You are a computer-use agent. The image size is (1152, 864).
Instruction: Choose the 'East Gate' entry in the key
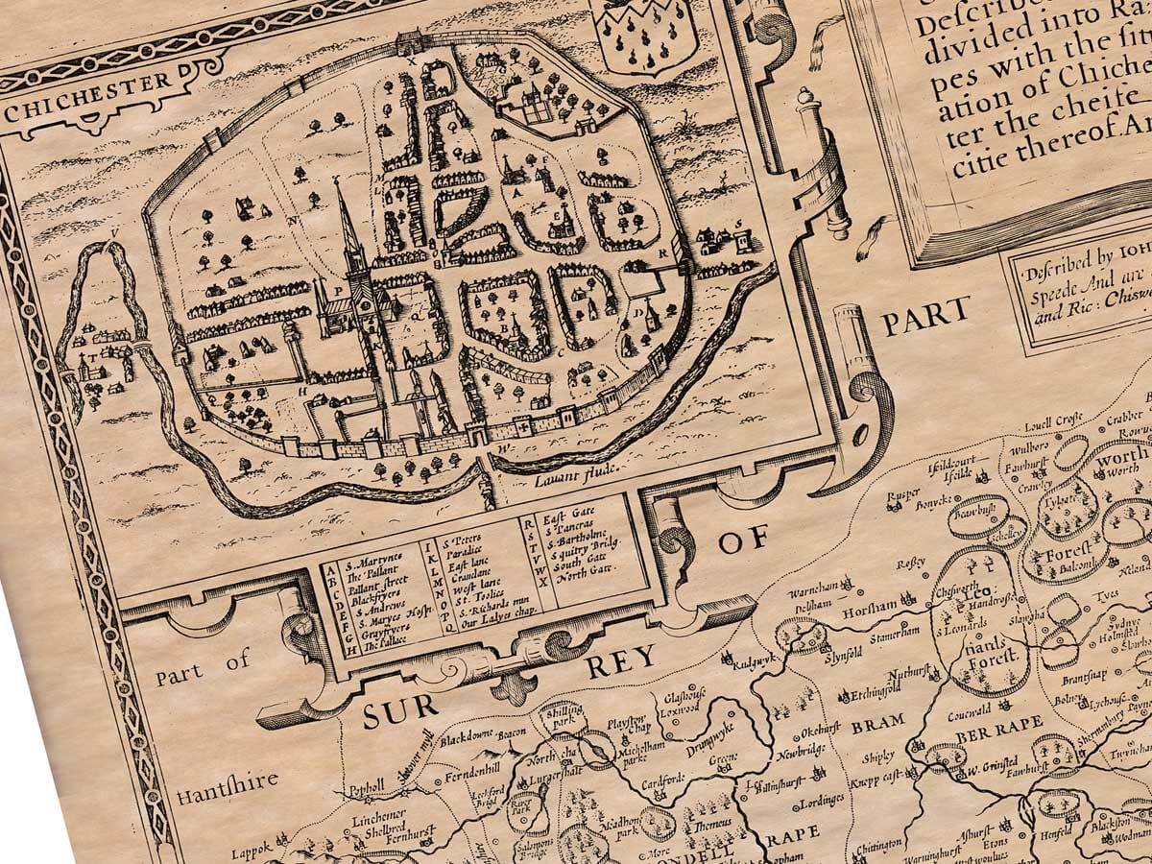coord(565,517)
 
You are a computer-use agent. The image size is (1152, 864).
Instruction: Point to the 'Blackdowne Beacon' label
coord(485,738)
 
